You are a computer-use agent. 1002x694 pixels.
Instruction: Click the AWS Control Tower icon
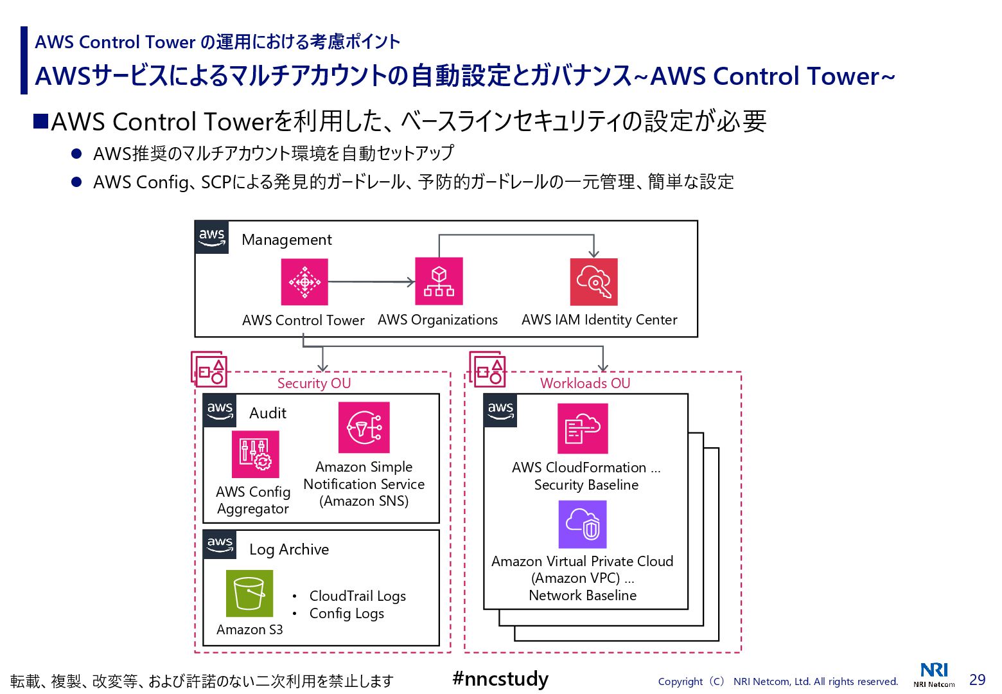[304, 282]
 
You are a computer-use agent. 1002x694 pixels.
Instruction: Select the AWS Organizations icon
[439, 281]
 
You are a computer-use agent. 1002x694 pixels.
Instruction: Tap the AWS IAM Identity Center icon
[593, 282]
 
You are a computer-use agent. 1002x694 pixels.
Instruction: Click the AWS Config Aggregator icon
[256, 454]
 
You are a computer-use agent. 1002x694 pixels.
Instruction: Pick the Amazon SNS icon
[364, 427]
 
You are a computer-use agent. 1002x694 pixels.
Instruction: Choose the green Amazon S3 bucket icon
[249, 593]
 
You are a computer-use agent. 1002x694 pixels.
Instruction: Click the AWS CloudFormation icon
[583, 429]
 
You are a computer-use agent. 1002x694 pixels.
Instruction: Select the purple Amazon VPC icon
[583, 524]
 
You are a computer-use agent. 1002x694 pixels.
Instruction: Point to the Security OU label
[314, 384]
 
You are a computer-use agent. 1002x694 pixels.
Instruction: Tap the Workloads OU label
[585, 384]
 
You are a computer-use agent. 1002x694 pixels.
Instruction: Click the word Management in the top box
[286, 240]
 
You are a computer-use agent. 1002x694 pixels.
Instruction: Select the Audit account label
[267, 413]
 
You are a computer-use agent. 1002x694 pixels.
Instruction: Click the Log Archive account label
[289, 549]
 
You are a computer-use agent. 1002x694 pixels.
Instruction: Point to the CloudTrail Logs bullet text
[357, 596]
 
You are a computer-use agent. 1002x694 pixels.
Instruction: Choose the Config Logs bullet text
[347, 614]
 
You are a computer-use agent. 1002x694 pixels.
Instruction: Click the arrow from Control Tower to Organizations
[371, 282]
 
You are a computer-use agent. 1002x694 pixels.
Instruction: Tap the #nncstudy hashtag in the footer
[500, 679]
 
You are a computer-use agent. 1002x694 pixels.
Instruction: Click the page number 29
[978, 680]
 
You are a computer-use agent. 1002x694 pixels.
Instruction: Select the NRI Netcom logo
[934, 675]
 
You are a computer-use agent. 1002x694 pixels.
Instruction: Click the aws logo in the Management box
[212, 237]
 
